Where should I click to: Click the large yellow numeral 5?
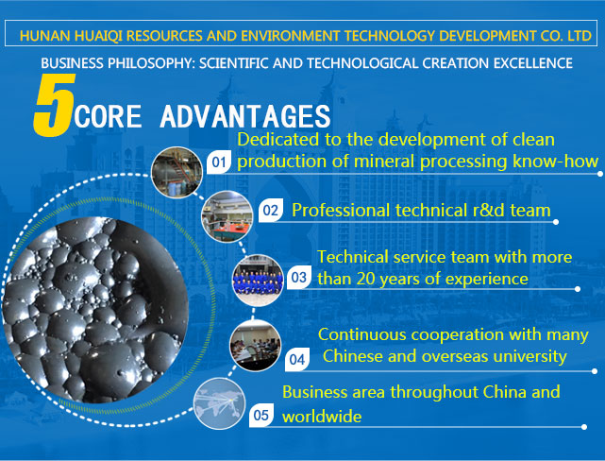pos(55,105)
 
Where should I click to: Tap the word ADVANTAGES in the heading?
pos(245,116)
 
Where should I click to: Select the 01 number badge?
pos(219,162)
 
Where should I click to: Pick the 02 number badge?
pos(271,210)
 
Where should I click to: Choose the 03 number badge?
pos(299,277)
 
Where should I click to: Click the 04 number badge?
pos(297,360)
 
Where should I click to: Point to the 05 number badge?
pos(261,415)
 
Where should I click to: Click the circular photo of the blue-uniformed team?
pos(258,281)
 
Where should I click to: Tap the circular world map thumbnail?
pos(219,403)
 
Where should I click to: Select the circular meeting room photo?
pos(255,346)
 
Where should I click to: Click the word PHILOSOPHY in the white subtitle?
pos(151,63)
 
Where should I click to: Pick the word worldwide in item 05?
pos(322,417)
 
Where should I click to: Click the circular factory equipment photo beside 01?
pos(176,172)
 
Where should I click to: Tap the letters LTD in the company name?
pos(580,36)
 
